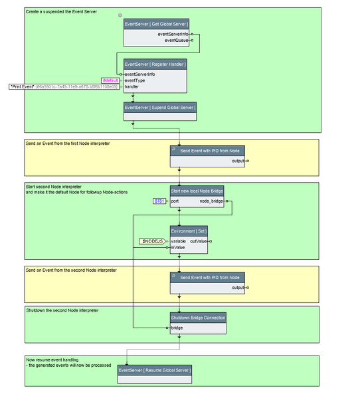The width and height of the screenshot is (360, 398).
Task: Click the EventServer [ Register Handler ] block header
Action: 155,64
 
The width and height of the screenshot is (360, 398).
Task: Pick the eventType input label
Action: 135,80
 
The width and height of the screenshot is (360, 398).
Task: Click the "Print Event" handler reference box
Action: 64,86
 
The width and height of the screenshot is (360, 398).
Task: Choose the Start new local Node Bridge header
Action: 197,191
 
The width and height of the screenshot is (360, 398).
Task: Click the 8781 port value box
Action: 159,200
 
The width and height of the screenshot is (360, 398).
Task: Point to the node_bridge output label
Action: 212,200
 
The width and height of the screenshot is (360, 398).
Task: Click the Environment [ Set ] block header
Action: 197,231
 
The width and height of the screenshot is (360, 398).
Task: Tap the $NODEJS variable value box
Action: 152,241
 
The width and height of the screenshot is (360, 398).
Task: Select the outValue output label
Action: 200,241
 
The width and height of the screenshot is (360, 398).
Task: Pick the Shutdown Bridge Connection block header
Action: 197,318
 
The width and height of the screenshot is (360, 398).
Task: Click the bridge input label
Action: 177,328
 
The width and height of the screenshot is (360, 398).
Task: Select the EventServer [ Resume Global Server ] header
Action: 155,369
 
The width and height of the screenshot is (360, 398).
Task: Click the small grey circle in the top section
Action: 120,15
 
